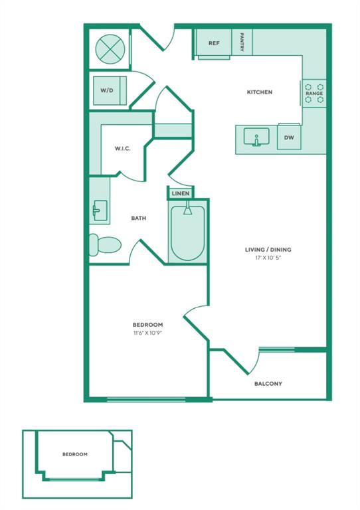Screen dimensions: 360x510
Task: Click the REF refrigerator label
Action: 214,43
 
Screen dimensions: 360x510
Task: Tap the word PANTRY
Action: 242,42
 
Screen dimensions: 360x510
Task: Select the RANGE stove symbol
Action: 314,94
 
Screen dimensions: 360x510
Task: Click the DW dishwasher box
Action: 289,137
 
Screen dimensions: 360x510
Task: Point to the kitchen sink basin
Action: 256,136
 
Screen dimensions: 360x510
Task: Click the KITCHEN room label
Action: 260,92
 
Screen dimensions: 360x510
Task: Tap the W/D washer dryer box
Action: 110,91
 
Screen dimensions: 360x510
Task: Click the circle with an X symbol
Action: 110,49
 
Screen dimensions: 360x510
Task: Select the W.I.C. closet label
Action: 123,149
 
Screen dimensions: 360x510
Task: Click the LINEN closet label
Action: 181,193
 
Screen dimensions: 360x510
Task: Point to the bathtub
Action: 188,232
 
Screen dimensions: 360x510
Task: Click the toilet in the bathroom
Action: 105,244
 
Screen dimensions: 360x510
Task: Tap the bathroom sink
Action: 100,211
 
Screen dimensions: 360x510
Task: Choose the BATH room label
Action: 139,218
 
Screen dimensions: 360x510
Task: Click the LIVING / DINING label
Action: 268,250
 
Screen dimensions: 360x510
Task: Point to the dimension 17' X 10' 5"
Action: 268,258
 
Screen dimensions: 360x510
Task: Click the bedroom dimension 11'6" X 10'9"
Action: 147,333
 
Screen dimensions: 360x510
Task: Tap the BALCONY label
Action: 268,383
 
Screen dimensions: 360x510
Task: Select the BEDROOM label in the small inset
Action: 75,454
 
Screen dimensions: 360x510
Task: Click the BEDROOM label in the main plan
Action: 147,325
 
